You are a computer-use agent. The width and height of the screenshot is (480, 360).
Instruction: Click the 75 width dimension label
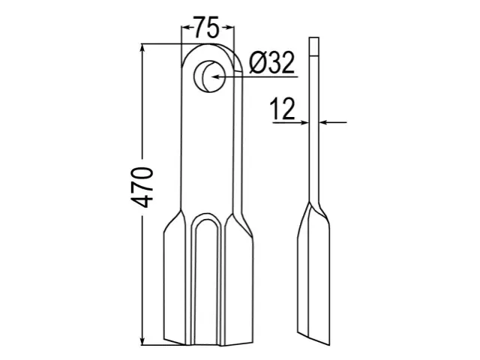[x=207, y=28]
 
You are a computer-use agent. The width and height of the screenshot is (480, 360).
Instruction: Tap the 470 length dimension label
[x=142, y=187]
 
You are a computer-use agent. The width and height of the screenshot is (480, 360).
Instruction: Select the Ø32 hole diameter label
[x=271, y=62]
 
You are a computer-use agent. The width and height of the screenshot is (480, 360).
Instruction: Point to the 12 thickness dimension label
[x=283, y=108]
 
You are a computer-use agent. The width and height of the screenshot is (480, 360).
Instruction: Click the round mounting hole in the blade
[x=209, y=76]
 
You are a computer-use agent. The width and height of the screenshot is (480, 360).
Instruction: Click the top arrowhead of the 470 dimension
[x=142, y=49]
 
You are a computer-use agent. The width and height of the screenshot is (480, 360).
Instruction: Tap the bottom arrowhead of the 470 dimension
[x=142, y=340]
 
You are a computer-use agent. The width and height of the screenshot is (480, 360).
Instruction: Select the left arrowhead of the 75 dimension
[x=187, y=28]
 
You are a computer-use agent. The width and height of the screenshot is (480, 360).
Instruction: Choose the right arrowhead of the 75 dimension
[x=229, y=28]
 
